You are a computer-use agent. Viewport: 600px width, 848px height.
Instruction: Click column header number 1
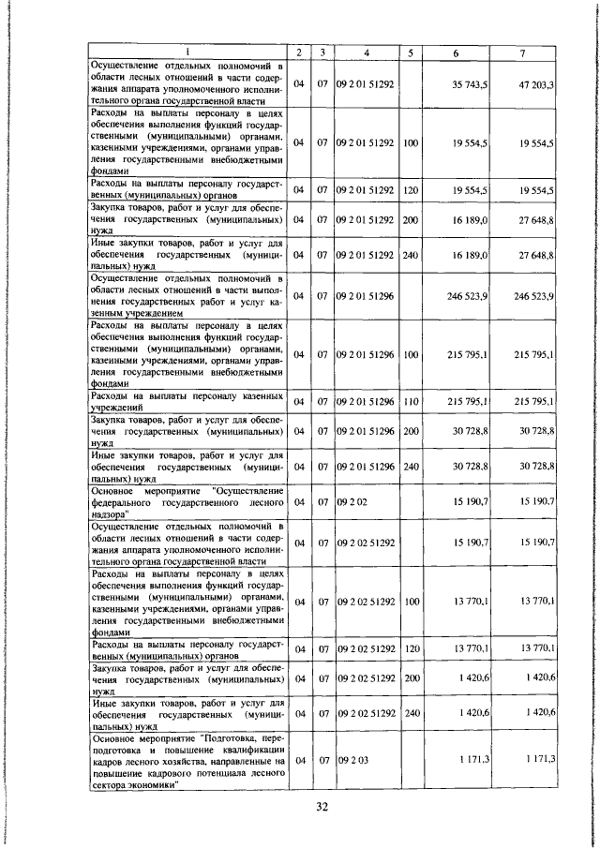pos(186,52)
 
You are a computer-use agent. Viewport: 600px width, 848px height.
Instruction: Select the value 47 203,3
pos(535,84)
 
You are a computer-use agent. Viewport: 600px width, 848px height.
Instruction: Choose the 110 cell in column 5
pos(410,402)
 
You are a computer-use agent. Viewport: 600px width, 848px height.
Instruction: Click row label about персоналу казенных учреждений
pos(186,402)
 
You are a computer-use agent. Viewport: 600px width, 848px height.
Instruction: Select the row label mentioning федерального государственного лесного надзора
pos(186,502)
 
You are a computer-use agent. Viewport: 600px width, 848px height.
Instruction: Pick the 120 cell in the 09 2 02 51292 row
pos(410,648)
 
